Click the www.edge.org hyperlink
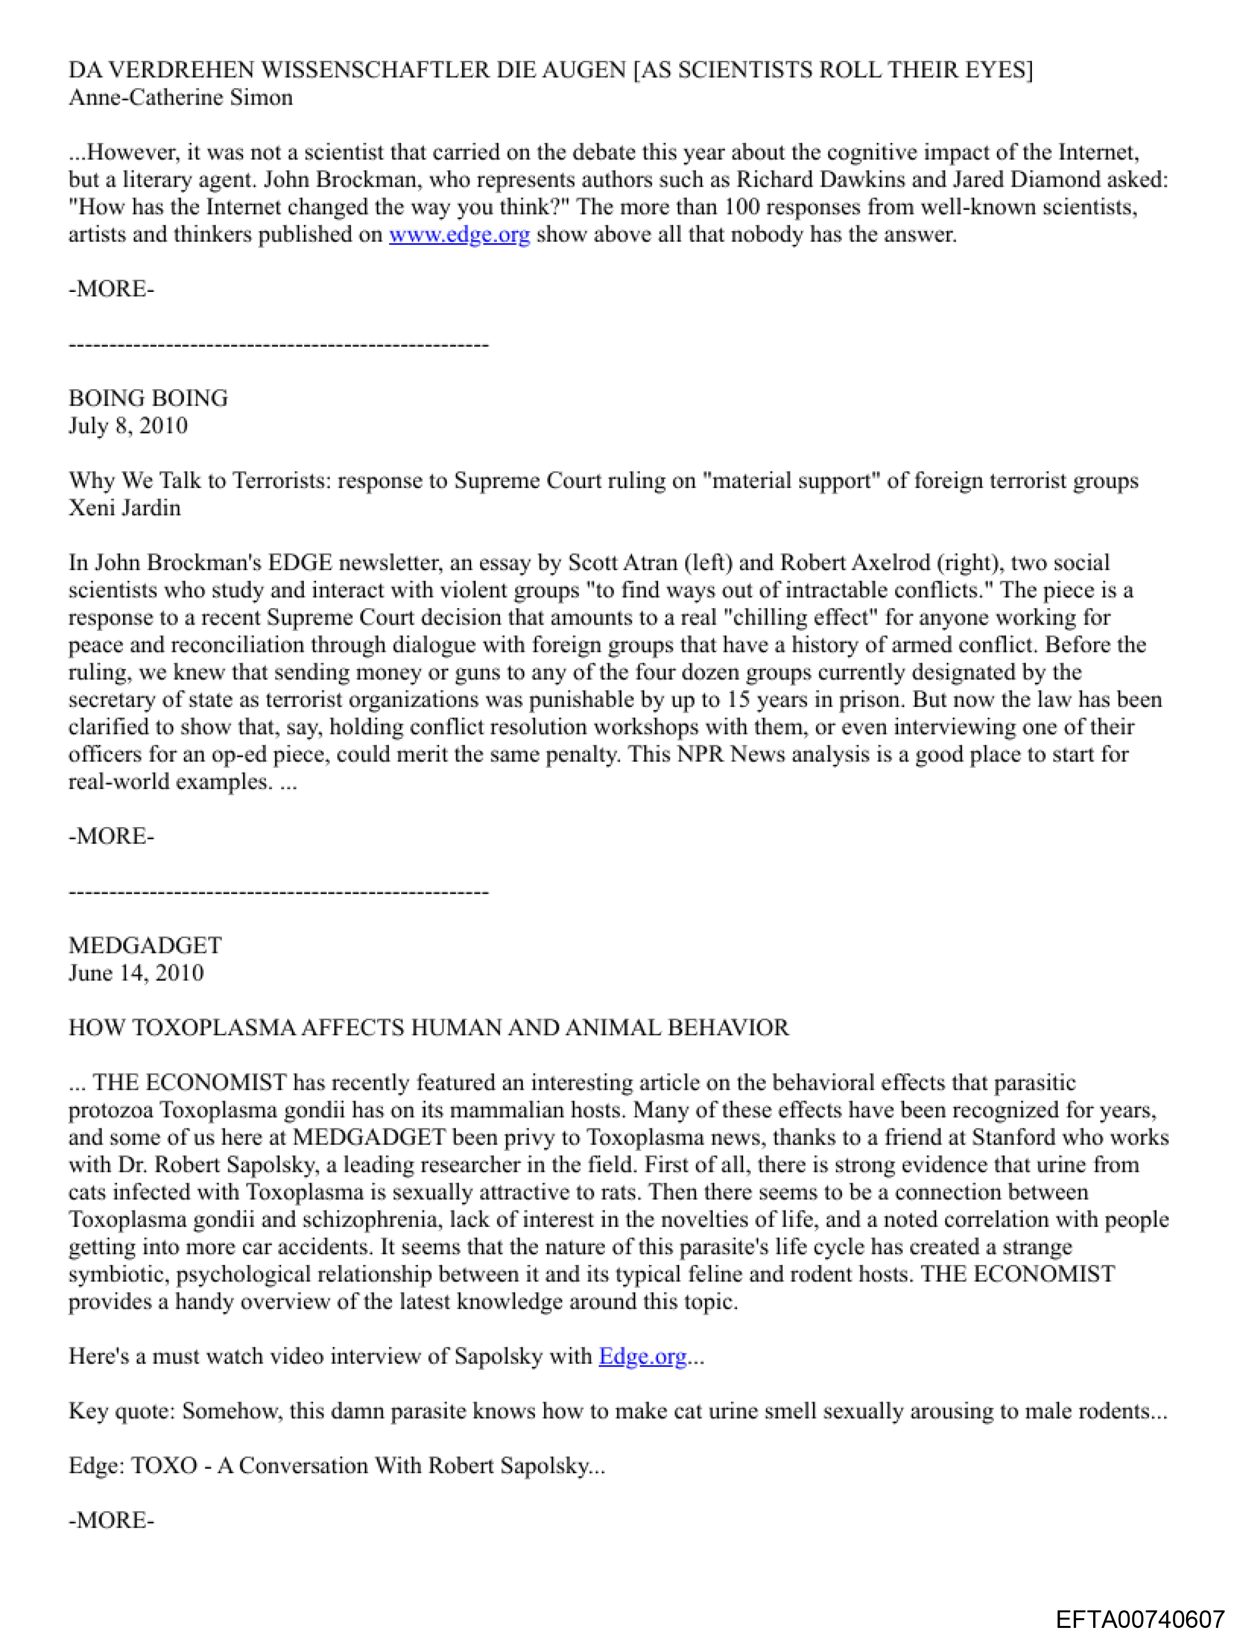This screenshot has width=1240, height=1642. pos(460,235)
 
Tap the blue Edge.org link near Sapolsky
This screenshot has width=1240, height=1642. pos(643,1356)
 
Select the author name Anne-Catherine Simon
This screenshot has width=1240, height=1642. pos(180,97)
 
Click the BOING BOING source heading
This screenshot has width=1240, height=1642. pos(148,398)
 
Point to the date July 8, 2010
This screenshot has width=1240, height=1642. pos(127,426)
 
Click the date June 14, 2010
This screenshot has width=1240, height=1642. pos(136,973)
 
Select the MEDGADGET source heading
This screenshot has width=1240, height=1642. pos(145,946)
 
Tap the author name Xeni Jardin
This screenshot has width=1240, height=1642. pos(124,508)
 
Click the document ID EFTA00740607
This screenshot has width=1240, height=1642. pos(1140,1619)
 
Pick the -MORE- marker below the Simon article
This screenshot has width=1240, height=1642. pos(111,289)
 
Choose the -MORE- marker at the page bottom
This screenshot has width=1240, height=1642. pos(111,1521)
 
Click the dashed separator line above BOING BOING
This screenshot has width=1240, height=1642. pos(278,344)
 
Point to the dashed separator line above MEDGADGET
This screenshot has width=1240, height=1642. pos(278,891)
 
